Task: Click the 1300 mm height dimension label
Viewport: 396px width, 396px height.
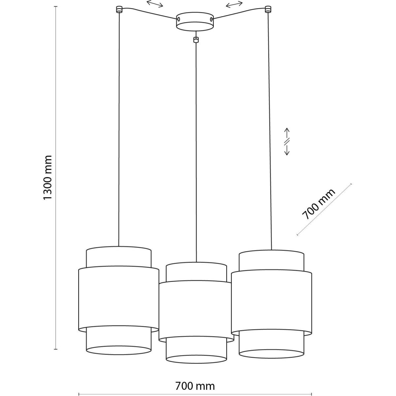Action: pyautogui.click(x=48, y=177)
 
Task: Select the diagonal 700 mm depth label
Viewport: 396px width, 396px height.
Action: pyautogui.click(x=318, y=204)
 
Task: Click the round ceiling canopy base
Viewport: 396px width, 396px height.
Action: pyautogui.click(x=195, y=22)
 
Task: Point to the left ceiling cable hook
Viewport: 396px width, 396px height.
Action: pyautogui.click(x=119, y=10)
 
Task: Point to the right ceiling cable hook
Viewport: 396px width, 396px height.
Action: pyautogui.click(x=268, y=10)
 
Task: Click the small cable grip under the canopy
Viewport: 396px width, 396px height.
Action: pyautogui.click(x=196, y=40)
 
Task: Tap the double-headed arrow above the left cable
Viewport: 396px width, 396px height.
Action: pyautogui.click(x=155, y=4)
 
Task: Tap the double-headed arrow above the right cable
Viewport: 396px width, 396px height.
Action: pyautogui.click(x=234, y=4)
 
